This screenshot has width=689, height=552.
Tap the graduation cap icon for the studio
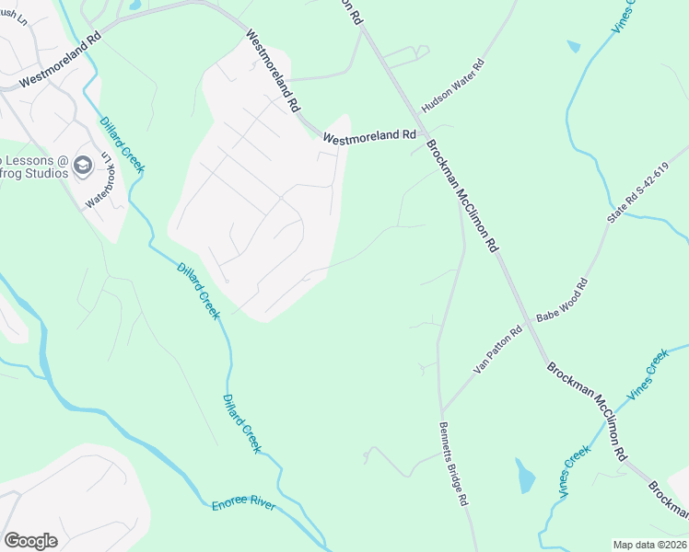tap(83, 165)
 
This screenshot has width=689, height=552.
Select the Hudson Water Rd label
tap(453, 84)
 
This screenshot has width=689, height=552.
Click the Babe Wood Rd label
tap(562, 302)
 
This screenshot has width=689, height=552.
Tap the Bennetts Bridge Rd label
tap(454, 464)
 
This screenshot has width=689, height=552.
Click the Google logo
tap(30, 541)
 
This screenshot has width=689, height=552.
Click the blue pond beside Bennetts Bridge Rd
tap(525, 476)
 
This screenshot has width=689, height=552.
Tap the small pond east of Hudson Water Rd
tap(574, 45)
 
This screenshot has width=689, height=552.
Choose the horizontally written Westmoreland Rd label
tap(369, 135)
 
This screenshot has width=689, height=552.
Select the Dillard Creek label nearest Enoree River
tap(242, 423)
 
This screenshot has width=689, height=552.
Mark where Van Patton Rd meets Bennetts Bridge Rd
tap(441, 410)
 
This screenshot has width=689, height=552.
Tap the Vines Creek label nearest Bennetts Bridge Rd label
tap(575, 472)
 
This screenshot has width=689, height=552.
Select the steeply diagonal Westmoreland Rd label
tap(273, 70)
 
